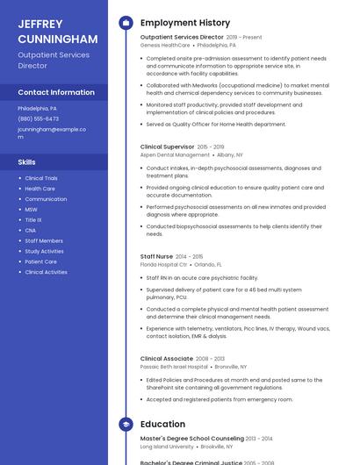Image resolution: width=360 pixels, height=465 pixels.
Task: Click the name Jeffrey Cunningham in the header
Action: click(x=57, y=32)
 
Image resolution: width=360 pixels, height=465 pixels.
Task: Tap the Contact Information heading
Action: click(x=56, y=92)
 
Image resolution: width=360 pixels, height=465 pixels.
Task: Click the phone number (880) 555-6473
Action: click(x=39, y=118)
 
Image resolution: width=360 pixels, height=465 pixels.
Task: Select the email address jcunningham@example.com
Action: click(x=52, y=132)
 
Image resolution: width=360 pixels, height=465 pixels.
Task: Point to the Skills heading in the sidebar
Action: click(x=27, y=162)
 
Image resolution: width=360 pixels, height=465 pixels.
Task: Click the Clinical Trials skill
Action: click(x=41, y=178)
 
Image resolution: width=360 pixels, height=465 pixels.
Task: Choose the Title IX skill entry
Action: click(x=33, y=220)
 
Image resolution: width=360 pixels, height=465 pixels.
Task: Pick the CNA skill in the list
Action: click(x=31, y=230)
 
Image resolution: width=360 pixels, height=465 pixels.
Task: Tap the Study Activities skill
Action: click(x=44, y=251)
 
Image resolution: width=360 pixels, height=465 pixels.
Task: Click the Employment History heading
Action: click(x=185, y=23)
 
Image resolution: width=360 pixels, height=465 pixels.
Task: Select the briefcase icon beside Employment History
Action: click(x=126, y=23)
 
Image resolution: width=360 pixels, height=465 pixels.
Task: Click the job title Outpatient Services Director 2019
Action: click(x=182, y=38)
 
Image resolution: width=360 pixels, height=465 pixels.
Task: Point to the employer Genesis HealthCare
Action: click(x=163, y=45)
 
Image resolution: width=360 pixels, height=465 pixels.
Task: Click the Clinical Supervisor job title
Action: click(x=168, y=147)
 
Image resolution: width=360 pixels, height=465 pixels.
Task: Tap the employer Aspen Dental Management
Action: click(x=175, y=154)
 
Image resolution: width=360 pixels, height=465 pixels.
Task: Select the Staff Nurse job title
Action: click(x=157, y=256)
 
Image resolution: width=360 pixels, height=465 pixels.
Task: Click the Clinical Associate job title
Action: click(x=167, y=359)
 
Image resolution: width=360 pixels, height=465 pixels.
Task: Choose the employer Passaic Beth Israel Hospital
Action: click(x=174, y=367)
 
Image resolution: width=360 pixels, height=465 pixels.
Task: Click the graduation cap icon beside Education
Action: click(x=126, y=425)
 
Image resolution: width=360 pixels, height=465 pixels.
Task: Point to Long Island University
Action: click(x=167, y=446)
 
